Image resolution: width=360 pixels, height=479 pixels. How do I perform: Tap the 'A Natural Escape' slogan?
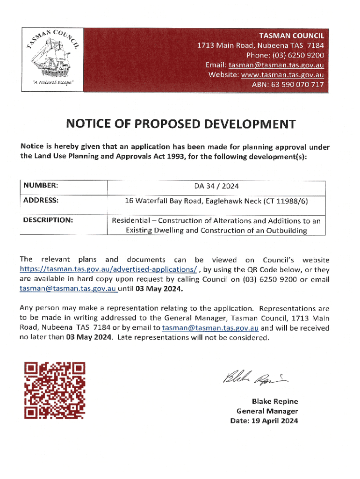(51, 82)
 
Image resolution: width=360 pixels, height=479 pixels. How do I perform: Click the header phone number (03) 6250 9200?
(302, 54)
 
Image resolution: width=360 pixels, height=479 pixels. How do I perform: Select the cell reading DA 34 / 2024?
(216, 186)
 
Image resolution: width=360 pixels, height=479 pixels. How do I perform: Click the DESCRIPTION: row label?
(47, 219)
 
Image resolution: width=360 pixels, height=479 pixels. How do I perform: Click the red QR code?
(55, 390)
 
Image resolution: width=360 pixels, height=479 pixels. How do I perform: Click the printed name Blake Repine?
(274, 401)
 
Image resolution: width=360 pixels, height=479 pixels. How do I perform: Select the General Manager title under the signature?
(267, 411)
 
